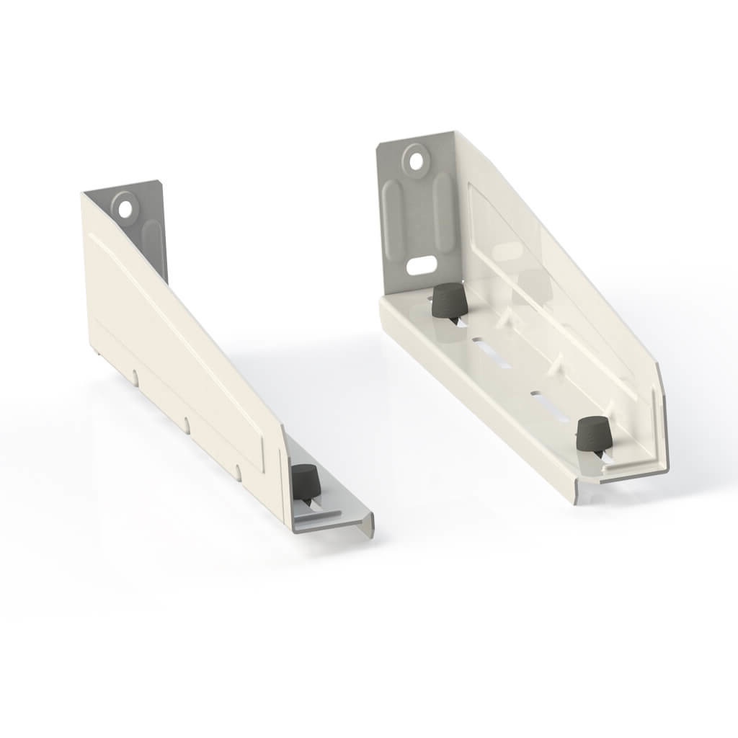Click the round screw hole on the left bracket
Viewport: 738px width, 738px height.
coord(126,209)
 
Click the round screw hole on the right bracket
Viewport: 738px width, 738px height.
coord(416,161)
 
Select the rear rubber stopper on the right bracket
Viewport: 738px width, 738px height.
coord(448,301)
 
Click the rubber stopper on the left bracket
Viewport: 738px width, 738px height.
coord(305,481)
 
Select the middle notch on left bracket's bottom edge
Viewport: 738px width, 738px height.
coord(187,424)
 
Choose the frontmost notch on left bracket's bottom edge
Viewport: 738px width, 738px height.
coord(239,473)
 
